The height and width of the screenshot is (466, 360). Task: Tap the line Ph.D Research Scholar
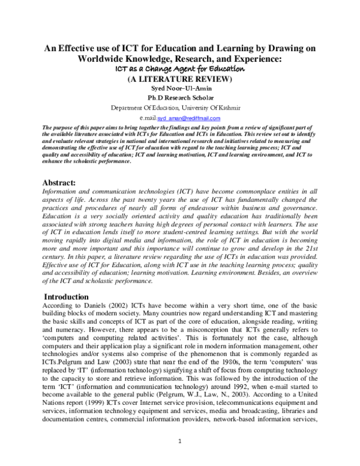pos(179,97)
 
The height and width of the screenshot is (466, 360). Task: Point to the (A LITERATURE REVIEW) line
pos(179,78)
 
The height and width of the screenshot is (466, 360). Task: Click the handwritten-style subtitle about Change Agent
pos(179,69)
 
